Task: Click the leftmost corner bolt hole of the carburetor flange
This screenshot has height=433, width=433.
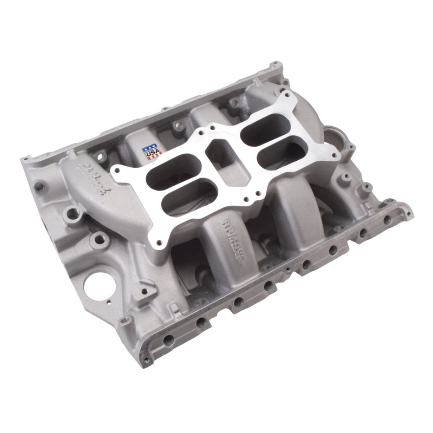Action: (115, 174)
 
